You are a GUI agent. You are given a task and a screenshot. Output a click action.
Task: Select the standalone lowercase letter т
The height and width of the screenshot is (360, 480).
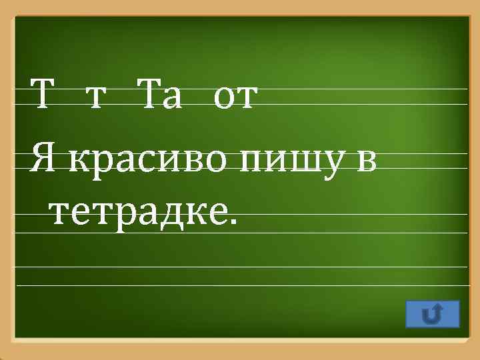click(97, 102)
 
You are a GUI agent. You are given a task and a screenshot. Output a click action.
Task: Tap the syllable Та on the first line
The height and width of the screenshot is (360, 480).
click(159, 99)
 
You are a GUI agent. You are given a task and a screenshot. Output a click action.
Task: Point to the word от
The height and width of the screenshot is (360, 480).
click(233, 102)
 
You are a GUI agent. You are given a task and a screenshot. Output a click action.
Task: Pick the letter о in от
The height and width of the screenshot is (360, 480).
click(224, 102)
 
